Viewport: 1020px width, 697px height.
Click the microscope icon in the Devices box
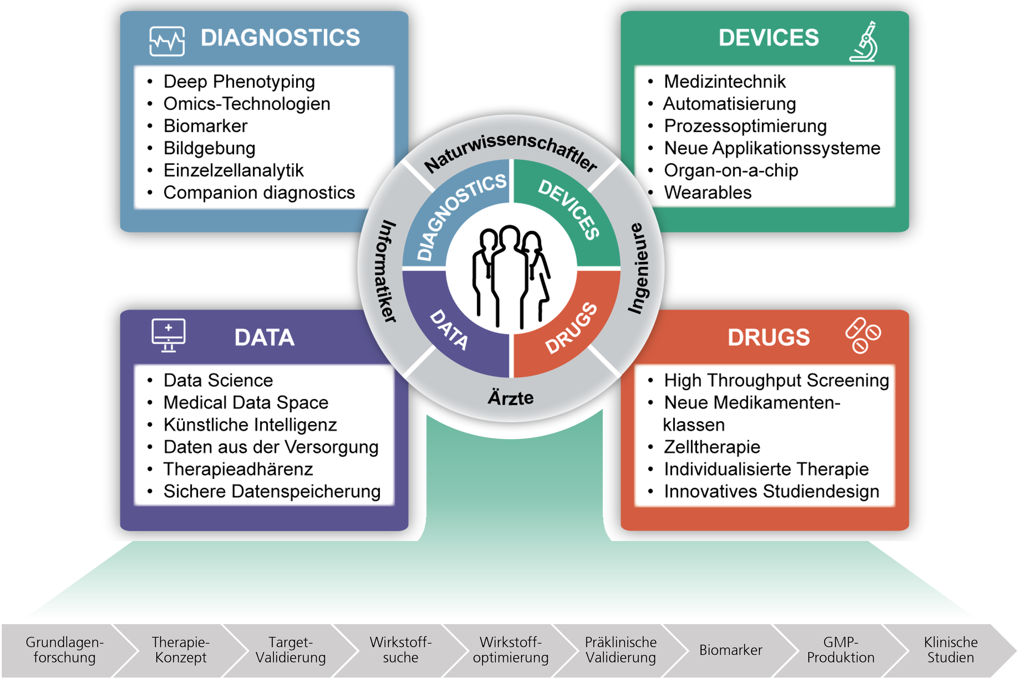(864, 42)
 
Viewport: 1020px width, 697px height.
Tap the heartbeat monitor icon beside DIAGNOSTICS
(167, 41)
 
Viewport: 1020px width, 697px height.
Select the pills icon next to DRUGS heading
(863, 336)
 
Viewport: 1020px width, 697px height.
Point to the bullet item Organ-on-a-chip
(731, 170)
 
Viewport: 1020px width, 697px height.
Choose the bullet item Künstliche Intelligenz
(250, 425)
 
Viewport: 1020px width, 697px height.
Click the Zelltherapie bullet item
(712, 447)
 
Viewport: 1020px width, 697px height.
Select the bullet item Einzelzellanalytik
(234, 170)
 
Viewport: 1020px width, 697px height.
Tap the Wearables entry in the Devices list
(708, 192)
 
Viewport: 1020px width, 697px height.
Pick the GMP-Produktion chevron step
(840, 650)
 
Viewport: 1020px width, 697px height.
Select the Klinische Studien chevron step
(951, 650)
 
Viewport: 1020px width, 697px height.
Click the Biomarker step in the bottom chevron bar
(731, 650)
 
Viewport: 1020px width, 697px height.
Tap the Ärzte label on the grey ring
(510, 397)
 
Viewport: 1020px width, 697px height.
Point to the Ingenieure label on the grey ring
(639, 268)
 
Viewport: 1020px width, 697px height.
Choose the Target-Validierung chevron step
(291, 650)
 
